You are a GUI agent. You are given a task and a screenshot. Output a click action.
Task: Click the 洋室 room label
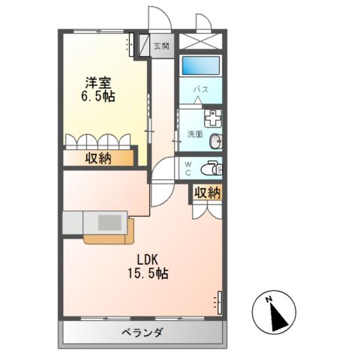click(x=98, y=83)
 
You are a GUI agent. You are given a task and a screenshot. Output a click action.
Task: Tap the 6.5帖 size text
click(x=98, y=97)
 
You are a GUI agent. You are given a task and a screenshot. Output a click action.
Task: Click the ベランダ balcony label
click(x=142, y=333)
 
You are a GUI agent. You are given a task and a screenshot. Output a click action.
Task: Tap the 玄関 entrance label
click(x=161, y=46)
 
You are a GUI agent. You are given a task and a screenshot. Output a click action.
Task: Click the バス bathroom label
click(x=201, y=88)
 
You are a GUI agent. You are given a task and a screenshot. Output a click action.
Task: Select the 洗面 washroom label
click(x=194, y=135)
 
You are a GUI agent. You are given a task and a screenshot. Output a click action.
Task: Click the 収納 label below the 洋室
click(x=98, y=157)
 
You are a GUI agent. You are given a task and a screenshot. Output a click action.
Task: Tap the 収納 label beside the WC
click(x=206, y=193)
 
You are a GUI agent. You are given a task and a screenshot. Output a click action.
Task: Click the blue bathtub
click(x=200, y=65)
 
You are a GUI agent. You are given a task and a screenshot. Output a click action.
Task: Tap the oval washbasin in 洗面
click(x=217, y=140)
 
